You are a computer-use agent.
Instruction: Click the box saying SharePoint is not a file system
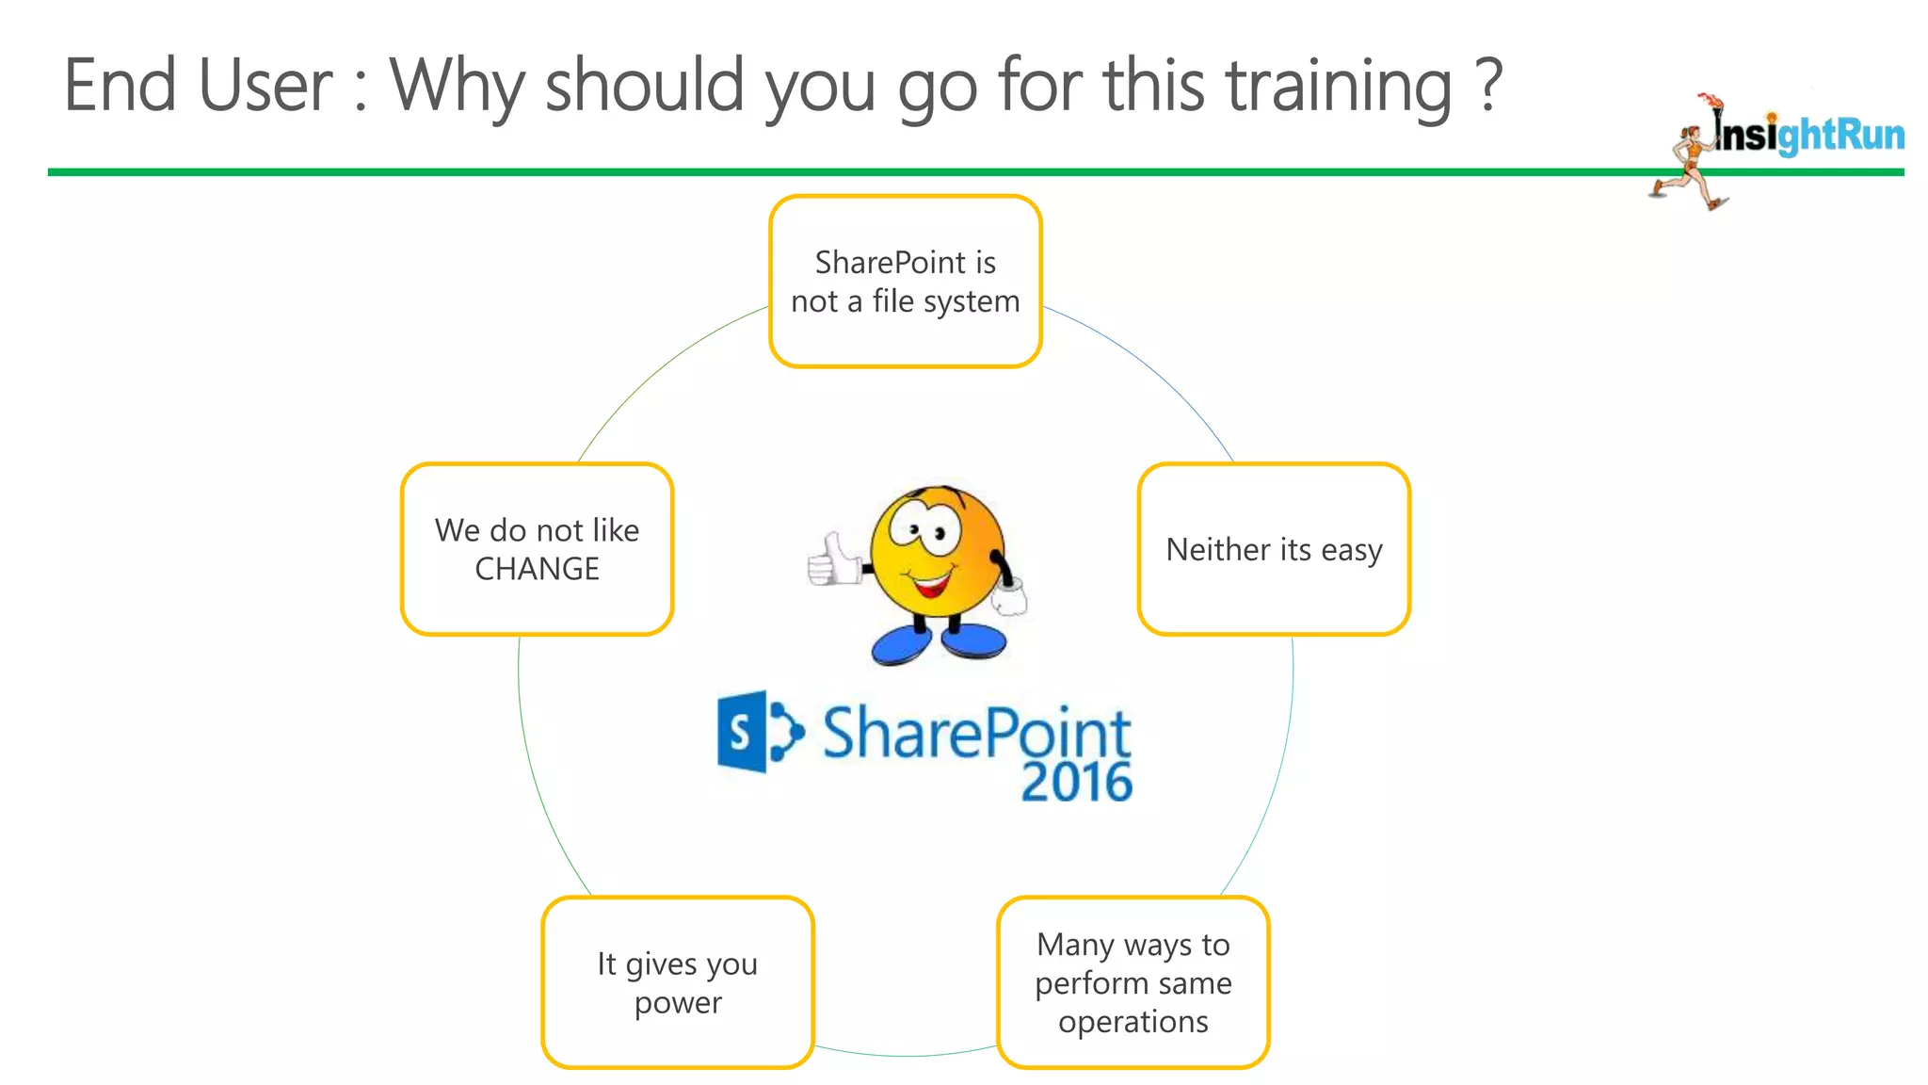coord(905,281)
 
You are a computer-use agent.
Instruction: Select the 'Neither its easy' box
coord(1274,549)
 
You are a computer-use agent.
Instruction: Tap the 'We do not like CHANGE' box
coord(537,549)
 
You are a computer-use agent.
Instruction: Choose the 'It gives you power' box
coord(677,982)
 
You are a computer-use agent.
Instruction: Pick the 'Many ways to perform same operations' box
coord(1133,982)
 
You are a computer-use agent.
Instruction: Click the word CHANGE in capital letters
coord(537,569)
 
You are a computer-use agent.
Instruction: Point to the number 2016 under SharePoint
coord(1076,783)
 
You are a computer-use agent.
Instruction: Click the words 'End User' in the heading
coord(198,85)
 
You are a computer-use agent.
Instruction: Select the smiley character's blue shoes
coord(939,644)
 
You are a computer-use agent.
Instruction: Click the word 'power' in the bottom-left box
coord(678,1003)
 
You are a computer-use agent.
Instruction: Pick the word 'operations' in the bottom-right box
coord(1133,1022)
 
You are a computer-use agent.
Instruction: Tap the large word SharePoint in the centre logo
coord(976,733)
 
